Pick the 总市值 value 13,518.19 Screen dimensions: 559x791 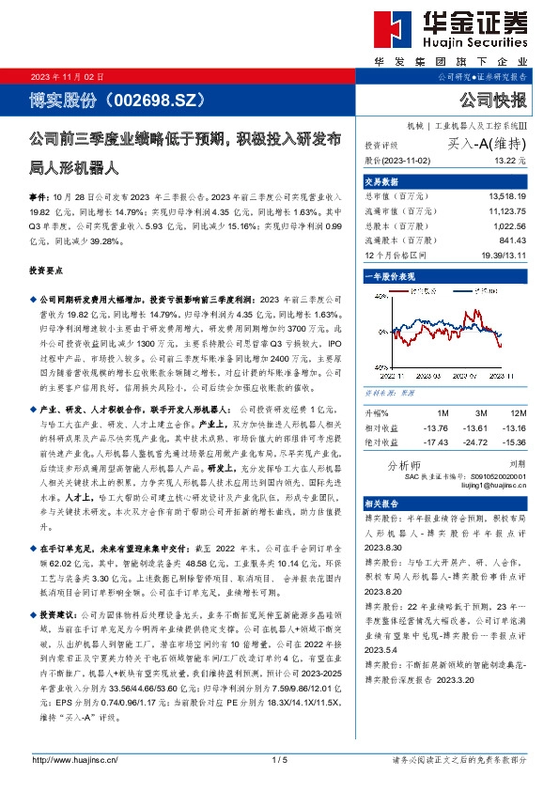[508, 195]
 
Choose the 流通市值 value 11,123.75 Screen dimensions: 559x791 [508, 210]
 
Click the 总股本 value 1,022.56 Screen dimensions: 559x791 [511, 225]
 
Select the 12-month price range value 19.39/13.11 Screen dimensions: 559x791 [505, 255]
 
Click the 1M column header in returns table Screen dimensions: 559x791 [443, 413]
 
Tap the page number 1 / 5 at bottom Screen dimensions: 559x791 [279, 759]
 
